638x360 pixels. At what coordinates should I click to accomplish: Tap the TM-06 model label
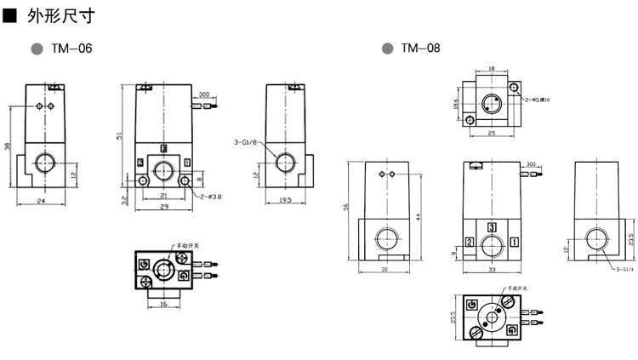point(71,49)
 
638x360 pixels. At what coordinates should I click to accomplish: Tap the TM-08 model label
point(420,49)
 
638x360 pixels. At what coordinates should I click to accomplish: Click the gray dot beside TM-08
point(387,49)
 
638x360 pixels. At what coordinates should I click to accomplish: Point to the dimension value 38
point(8,146)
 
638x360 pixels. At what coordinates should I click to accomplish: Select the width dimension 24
point(42,201)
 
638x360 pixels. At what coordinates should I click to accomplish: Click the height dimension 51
point(119,135)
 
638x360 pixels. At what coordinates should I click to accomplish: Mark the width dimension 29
point(163,208)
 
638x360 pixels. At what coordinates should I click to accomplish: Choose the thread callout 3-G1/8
point(245,143)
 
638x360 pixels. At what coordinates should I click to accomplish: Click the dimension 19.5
point(285,201)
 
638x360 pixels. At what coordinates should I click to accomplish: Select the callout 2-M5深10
point(537,100)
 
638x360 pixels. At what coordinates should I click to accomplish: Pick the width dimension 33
point(493,270)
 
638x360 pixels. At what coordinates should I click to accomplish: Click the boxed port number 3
point(493,226)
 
